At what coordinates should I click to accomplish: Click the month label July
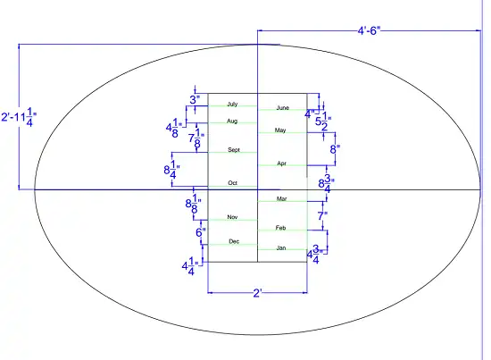[x=232, y=104]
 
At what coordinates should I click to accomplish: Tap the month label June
[x=282, y=108]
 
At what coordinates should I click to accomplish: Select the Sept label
[x=234, y=150]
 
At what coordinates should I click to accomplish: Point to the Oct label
[x=232, y=182]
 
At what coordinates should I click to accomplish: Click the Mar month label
[x=281, y=198]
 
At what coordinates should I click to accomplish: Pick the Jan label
[x=281, y=247]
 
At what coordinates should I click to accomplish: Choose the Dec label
[x=234, y=241]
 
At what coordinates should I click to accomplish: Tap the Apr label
[x=281, y=163]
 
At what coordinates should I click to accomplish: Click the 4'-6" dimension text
[x=369, y=30]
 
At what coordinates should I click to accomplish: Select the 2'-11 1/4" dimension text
[x=19, y=117]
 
